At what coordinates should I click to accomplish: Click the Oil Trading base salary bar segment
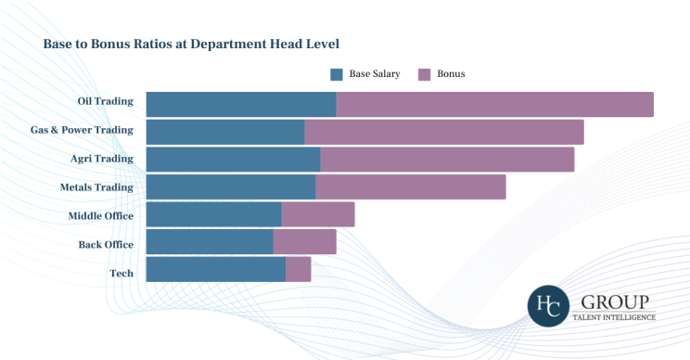pyautogui.click(x=241, y=104)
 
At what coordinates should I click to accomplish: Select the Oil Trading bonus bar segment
pyautogui.click(x=494, y=104)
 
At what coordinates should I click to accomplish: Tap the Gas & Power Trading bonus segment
pyautogui.click(x=443, y=132)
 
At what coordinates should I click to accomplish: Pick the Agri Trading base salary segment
pyautogui.click(x=233, y=159)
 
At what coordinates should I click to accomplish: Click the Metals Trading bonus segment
pyautogui.click(x=410, y=186)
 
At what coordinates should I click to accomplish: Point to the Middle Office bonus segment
pyautogui.click(x=318, y=214)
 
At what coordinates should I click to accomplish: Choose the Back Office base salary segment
pyautogui.click(x=210, y=242)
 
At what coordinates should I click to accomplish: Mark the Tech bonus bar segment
pyautogui.click(x=298, y=269)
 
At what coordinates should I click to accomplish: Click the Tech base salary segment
pyautogui.click(x=215, y=269)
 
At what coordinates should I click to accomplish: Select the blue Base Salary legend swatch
pyautogui.click(x=337, y=73)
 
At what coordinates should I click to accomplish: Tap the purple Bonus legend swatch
pyautogui.click(x=424, y=73)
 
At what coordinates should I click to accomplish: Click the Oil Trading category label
pyautogui.click(x=106, y=101)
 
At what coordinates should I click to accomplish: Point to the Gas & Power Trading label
pyautogui.click(x=82, y=130)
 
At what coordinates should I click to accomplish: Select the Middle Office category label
pyautogui.click(x=100, y=216)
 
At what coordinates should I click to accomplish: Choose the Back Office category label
pyautogui.click(x=106, y=245)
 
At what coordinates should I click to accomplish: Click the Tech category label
pyautogui.click(x=121, y=274)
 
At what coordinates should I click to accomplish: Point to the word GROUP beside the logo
pyautogui.click(x=615, y=302)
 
